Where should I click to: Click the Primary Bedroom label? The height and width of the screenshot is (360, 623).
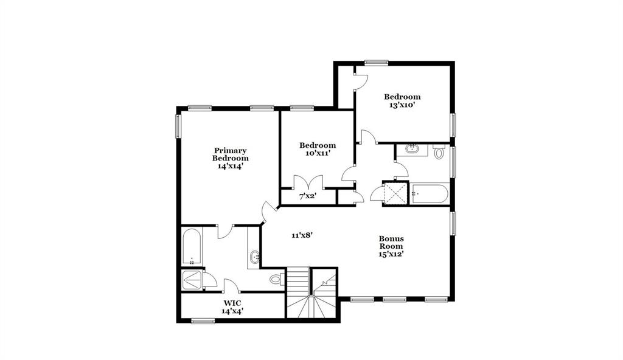[x=230, y=154]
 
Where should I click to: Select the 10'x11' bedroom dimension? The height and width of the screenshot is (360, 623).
[x=317, y=154]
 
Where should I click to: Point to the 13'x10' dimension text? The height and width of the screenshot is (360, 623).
[x=402, y=105]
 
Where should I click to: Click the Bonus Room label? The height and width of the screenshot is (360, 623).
[x=391, y=243]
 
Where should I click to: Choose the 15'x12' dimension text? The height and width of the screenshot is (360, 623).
[x=391, y=254]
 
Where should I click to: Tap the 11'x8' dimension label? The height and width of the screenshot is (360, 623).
[x=302, y=235]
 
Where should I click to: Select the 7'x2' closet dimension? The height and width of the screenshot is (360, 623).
[x=308, y=196]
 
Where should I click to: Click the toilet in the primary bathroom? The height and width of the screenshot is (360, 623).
[x=276, y=280]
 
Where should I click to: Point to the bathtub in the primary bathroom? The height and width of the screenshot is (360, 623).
[x=191, y=246]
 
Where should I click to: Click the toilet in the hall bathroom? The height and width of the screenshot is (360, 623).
[x=439, y=151]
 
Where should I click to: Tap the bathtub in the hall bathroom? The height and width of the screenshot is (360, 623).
[x=430, y=195]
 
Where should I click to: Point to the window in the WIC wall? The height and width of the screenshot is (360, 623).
[x=203, y=320]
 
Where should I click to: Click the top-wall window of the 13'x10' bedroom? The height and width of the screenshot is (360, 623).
[x=376, y=62]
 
